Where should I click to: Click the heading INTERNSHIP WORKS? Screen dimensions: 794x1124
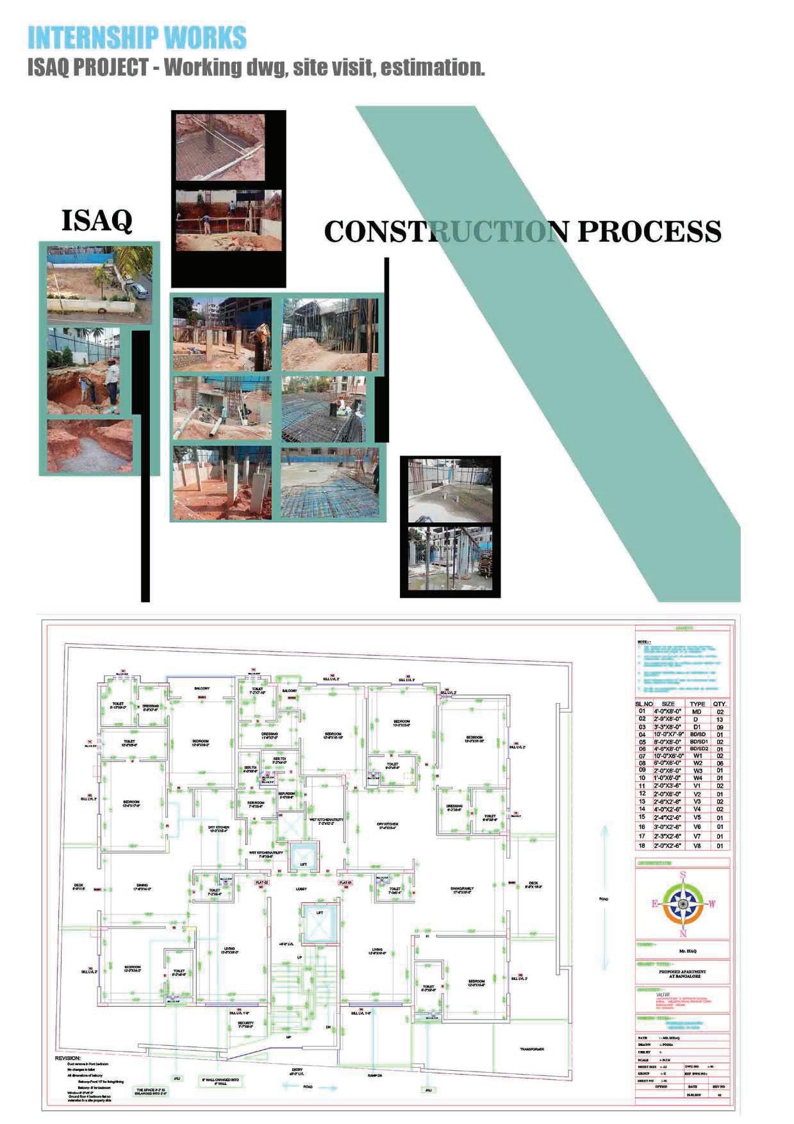coord(136,38)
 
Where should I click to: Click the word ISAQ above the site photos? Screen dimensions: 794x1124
coord(97,220)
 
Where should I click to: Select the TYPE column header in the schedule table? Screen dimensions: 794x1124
coord(697,704)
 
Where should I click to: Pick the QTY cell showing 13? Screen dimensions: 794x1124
coord(720,720)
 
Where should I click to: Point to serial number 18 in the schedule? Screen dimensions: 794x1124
coord(641,846)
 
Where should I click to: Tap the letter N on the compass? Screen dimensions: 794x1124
coord(684,933)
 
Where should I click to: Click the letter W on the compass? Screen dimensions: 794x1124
coord(712,904)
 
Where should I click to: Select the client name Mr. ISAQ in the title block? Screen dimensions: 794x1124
coord(683,951)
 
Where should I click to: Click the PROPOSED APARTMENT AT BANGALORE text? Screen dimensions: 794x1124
coord(683,974)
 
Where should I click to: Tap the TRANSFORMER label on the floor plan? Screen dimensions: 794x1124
coord(532,1049)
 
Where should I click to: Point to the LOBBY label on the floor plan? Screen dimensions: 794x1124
coord(301,889)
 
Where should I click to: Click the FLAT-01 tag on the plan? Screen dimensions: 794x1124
coord(346,882)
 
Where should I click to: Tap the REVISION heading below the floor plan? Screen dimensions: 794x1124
coord(68,1059)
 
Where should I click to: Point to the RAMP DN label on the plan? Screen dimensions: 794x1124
coord(374,1076)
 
